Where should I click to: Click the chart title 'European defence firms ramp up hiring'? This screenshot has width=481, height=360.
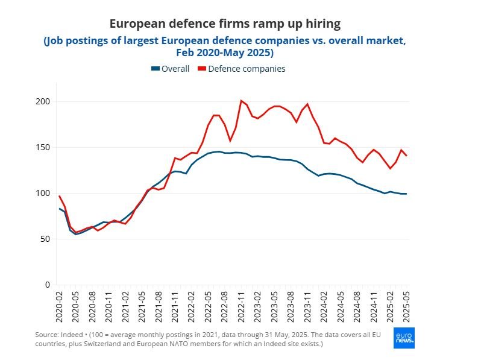coord(225,24)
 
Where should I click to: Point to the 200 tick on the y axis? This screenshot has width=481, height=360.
coord(43,101)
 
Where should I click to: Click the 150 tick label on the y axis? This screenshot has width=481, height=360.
coord(43,147)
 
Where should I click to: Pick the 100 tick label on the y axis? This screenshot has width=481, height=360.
coord(43,193)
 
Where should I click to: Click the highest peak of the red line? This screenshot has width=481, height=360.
coord(242,101)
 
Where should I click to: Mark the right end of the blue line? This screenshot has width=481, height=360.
coord(406,194)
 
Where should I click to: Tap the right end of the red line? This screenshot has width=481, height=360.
coord(406,156)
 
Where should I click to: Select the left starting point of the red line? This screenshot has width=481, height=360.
coord(59,196)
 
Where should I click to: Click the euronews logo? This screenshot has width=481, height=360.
coord(403,338)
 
